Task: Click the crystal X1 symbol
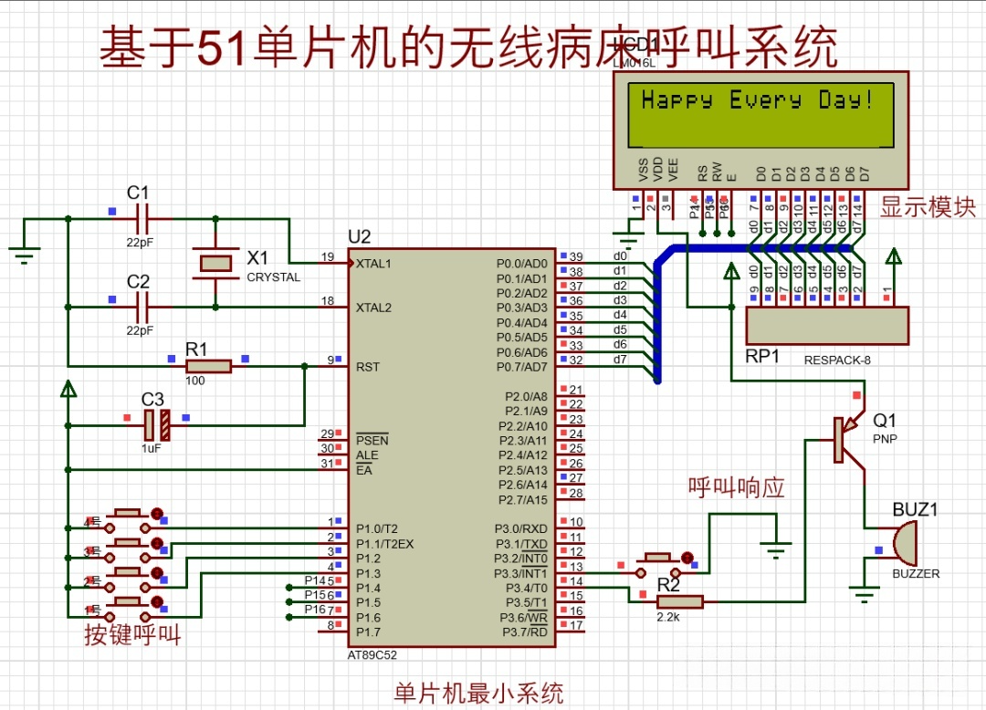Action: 215,263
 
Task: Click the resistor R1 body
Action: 208,366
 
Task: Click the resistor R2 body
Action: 679,601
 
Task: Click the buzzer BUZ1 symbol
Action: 902,544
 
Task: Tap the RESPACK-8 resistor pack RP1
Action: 827,326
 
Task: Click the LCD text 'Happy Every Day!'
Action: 757,100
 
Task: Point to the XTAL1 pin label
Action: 373,264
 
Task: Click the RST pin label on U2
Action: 367,367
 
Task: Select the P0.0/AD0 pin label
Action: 521,264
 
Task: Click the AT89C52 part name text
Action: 372,654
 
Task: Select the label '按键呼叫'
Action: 132,635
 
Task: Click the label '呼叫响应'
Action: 737,486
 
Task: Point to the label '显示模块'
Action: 928,207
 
